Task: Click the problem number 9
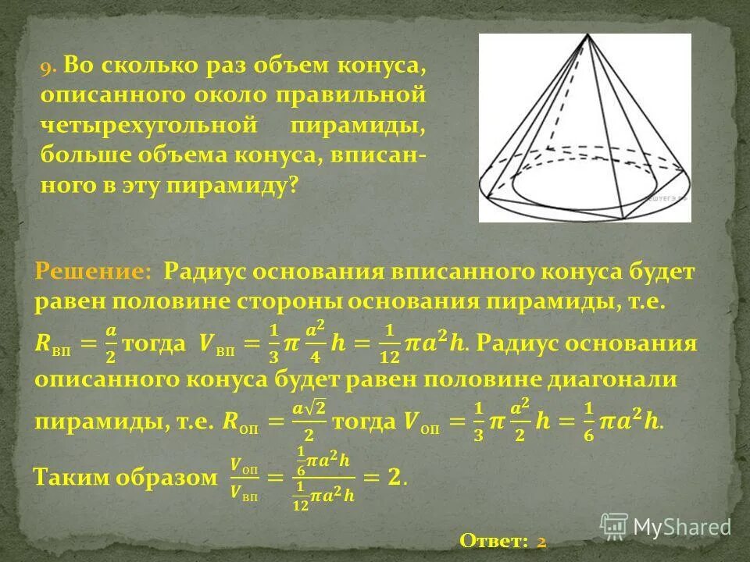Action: (x=48, y=67)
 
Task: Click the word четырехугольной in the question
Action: (x=150, y=125)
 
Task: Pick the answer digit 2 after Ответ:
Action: (x=541, y=540)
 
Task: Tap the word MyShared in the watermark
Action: (x=682, y=528)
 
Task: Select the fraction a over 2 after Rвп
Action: (x=112, y=344)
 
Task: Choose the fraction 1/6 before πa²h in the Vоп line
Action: (x=589, y=422)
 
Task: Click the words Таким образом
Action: (x=123, y=477)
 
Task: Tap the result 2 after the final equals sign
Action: (x=397, y=477)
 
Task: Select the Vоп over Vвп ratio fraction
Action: (x=244, y=478)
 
